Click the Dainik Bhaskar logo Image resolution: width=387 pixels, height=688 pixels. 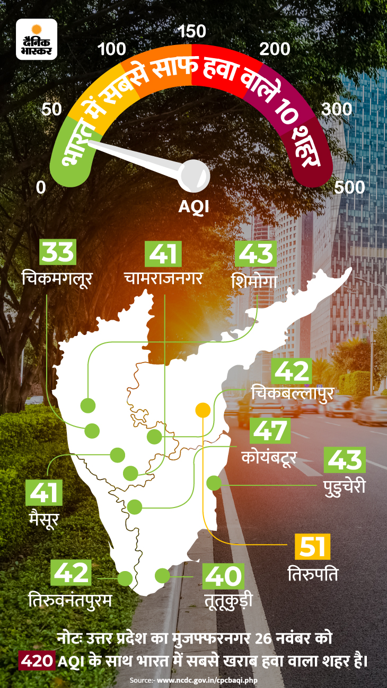coord(37,39)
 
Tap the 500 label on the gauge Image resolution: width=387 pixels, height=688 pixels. coord(350,187)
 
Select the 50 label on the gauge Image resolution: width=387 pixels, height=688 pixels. coord(51,110)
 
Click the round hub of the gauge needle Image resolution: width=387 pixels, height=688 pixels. coord(192,175)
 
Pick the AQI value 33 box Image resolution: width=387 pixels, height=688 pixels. coord(58,252)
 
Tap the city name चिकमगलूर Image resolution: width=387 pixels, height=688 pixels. coord(57,278)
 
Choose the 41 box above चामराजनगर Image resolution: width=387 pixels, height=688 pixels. coord(163,254)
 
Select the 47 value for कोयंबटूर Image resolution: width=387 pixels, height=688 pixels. coord(271,431)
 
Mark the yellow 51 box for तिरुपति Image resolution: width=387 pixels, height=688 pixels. coord(312,547)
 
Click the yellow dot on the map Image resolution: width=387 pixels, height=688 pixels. coord(203,410)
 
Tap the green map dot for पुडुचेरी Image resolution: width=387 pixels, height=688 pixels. coord(214,483)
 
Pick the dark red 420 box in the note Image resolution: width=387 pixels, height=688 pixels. coord(38,661)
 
